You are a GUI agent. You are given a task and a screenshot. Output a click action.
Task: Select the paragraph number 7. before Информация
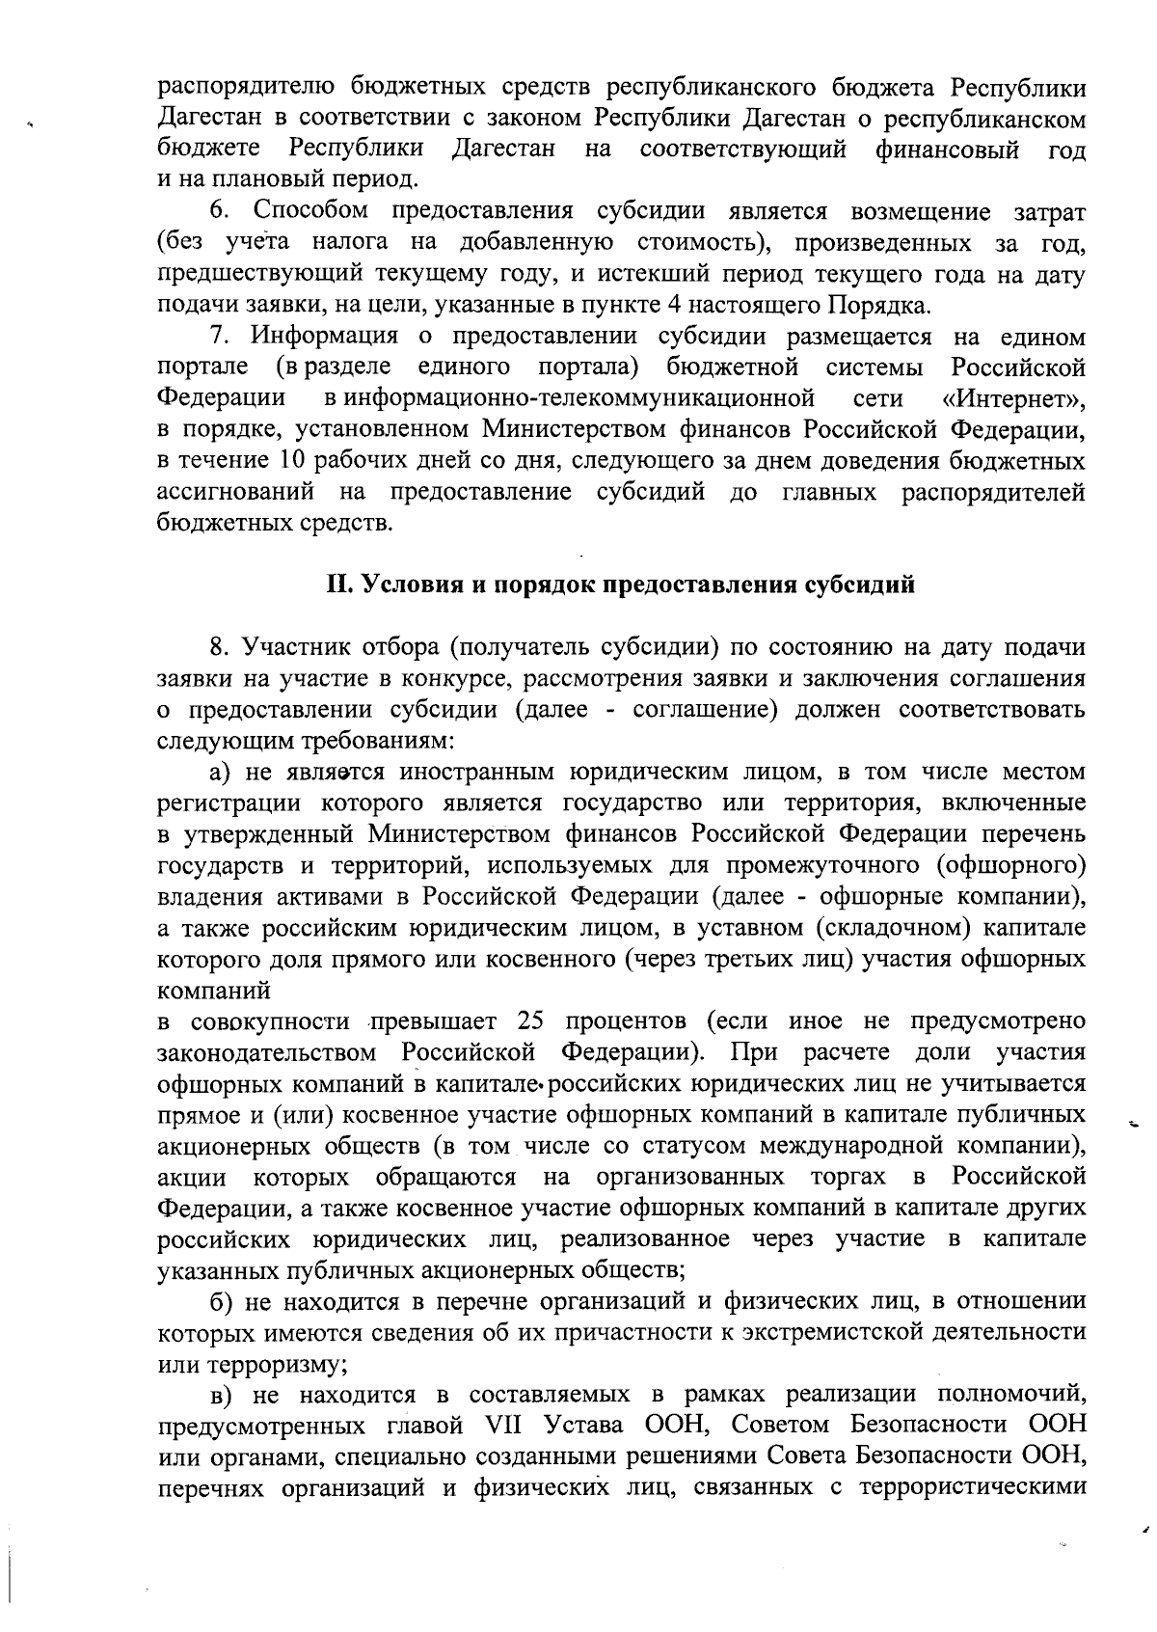coord(220,337)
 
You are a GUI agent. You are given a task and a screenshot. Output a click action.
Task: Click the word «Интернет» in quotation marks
coord(1013,398)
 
